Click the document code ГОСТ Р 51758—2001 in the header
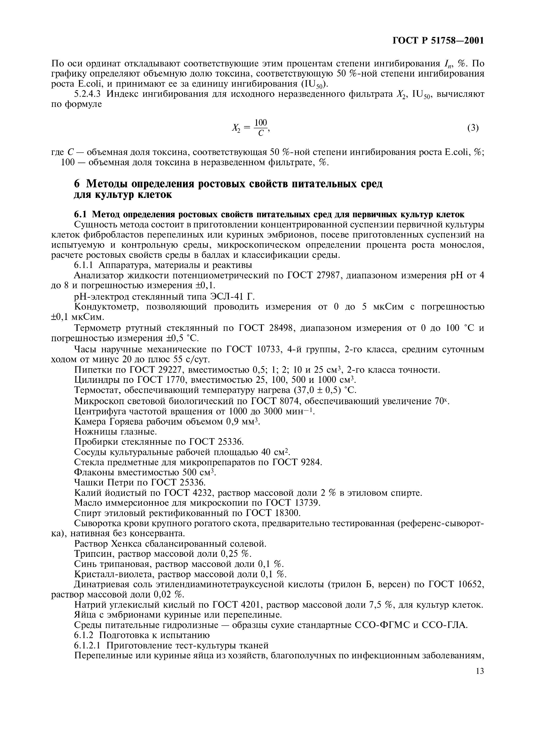point(439,41)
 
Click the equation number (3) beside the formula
point(473,128)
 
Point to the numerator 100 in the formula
point(260,123)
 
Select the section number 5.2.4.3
point(87,94)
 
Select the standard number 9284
point(311,463)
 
